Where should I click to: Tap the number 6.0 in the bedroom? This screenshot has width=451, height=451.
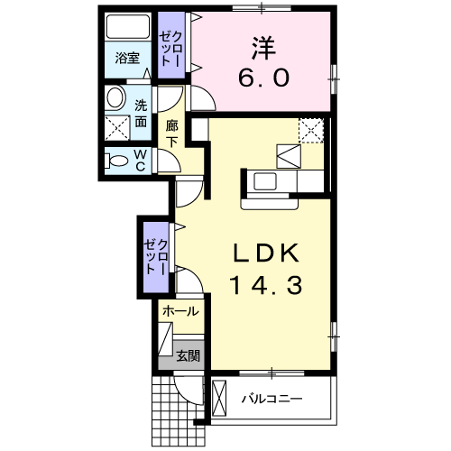[x=263, y=78]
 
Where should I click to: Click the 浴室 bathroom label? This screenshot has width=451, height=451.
[x=126, y=59]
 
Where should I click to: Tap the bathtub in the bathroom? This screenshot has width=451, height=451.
[x=127, y=28]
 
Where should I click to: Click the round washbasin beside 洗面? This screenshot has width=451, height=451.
[x=115, y=97]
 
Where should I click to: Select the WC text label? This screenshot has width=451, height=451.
[x=141, y=160]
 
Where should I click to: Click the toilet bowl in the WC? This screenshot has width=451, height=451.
[x=116, y=161]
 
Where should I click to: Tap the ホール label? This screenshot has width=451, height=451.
[x=180, y=310]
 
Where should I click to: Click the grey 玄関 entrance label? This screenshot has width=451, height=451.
[x=188, y=354]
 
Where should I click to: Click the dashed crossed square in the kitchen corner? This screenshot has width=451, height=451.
[x=309, y=131]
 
